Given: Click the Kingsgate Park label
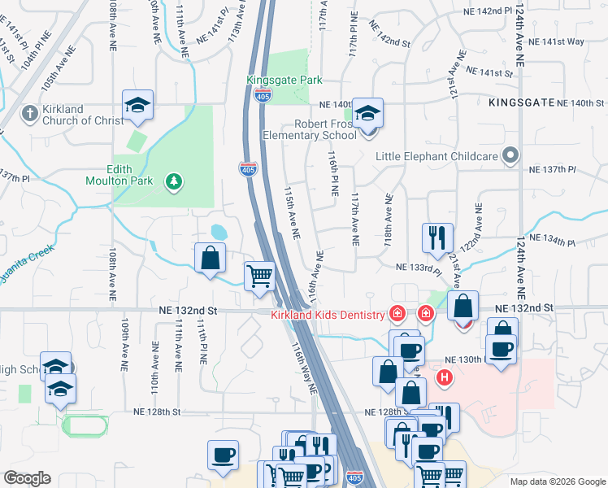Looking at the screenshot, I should coord(284,80).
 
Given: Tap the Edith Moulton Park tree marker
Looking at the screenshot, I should coord(172,181).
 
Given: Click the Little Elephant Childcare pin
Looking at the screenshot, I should coord(510,155).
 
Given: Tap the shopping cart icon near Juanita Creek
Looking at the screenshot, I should coord(259,275).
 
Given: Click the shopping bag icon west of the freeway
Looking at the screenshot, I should coord(211,257).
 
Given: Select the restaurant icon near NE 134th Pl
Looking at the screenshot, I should coord(437,237).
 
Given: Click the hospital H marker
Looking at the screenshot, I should coord(445,377).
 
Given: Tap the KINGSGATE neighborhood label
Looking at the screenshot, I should coord(522,103).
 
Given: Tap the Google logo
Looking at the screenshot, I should coord(27,478).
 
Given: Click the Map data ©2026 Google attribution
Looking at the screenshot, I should coord(557,481).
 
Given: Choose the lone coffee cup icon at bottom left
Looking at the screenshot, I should coord(223,455).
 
